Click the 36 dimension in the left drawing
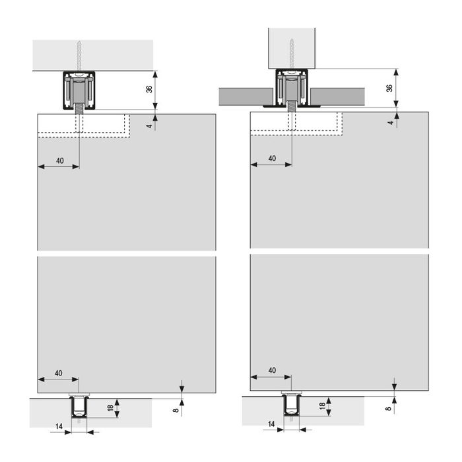(149, 89)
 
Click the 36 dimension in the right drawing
(389, 87)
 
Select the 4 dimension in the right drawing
(390, 122)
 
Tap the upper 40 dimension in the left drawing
(59, 160)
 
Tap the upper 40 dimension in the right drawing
(271, 159)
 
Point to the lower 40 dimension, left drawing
(58, 373)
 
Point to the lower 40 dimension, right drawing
(271, 370)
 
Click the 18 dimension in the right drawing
(322, 407)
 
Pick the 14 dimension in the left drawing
(59, 427)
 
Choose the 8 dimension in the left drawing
(176, 411)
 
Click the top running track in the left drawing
(79, 90)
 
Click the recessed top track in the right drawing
(290, 87)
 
